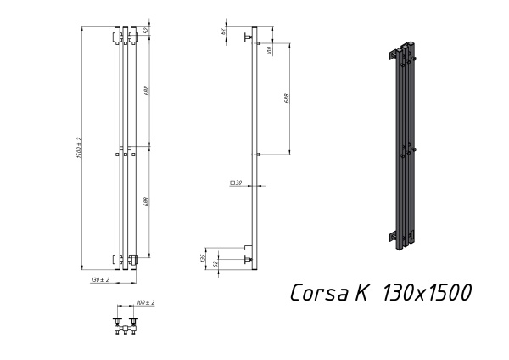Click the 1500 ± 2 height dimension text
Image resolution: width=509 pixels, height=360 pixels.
79,147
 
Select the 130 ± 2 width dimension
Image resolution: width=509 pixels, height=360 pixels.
99,279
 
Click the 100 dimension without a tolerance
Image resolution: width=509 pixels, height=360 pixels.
269,50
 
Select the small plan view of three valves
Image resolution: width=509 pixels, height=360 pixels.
125,324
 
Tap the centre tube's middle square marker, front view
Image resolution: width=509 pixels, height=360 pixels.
125,155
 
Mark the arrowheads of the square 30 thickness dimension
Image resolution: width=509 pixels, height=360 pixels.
255,183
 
